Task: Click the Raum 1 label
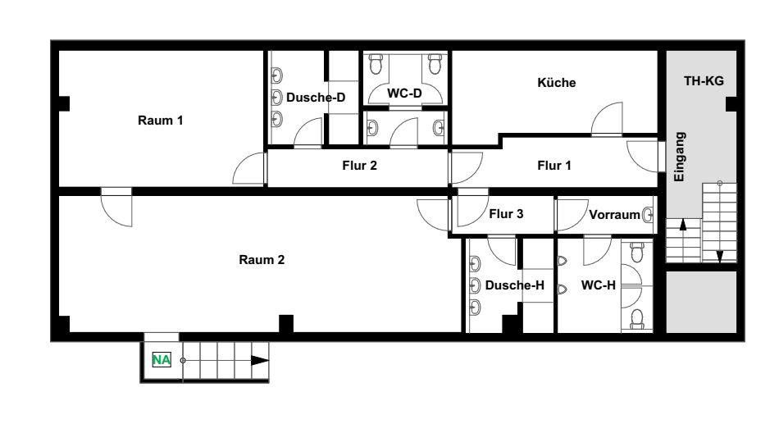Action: click(x=161, y=121)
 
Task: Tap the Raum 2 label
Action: click(x=262, y=259)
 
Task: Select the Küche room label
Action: click(x=557, y=83)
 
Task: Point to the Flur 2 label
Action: click(x=360, y=165)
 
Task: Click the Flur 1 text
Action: click(x=554, y=165)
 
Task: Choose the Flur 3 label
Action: click(x=506, y=214)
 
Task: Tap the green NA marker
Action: click(x=162, y=359)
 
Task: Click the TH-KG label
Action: click(x=704, y=80)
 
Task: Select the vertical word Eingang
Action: click(x=679, y=157)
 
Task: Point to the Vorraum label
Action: click(x=614, y=215)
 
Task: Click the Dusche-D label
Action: click(x=316, y=98)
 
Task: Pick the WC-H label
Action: click(x=598, y=285)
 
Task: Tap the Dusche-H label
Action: click(x=515, y=285)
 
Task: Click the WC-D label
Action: click(x=404, y=93)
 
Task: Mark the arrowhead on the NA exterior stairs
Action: click(x=260, y=360)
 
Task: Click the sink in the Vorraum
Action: click(x=647, y=215)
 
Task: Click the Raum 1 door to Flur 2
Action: click(x=249, y=168)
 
